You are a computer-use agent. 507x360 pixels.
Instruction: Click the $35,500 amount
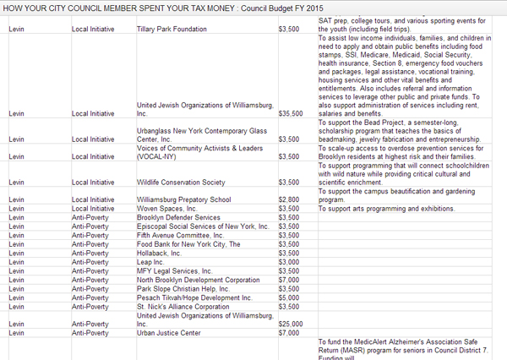291,112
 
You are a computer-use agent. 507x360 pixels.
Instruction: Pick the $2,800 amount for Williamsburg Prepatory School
288,199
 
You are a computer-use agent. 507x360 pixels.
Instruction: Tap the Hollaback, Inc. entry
159,253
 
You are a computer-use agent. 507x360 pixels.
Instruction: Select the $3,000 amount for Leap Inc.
288,261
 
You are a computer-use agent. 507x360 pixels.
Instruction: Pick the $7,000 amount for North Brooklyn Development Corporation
288,279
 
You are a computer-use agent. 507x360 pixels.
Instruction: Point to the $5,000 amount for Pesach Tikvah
288,297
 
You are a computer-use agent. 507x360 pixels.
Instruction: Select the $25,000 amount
291,324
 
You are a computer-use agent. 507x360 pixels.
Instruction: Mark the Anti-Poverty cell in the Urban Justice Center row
90,332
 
